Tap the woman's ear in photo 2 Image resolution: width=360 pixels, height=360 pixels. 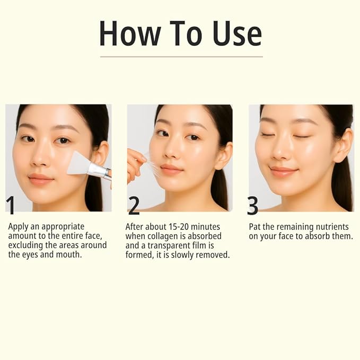coord(225,155)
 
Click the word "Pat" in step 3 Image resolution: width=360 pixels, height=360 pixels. coord(256,226)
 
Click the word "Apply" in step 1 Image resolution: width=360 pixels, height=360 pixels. coord(19,226)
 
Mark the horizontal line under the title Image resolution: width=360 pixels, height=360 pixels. coord(181,57)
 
